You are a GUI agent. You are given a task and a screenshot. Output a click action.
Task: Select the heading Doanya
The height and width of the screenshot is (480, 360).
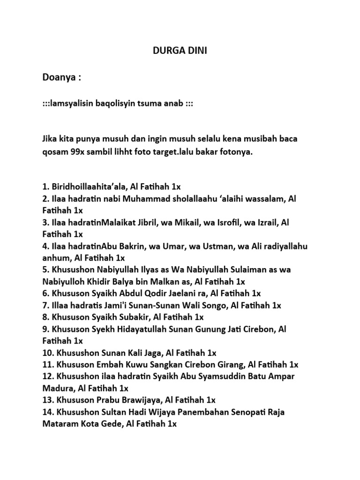(61, 77)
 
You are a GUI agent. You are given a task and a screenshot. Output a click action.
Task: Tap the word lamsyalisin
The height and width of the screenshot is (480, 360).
(73, 103)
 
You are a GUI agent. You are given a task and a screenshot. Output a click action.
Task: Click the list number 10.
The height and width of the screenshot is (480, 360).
(47, 352)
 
